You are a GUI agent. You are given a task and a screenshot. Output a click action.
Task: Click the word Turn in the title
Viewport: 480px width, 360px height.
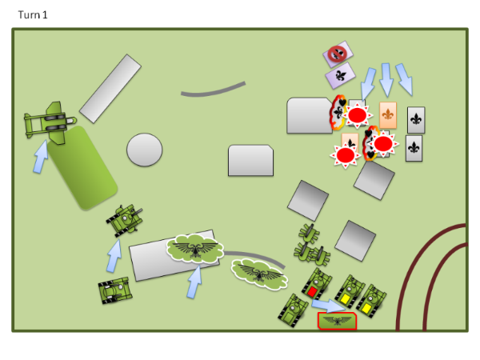[x=29, y=15]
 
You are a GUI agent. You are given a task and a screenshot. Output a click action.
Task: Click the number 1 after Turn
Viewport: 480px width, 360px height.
[x=45, y=15]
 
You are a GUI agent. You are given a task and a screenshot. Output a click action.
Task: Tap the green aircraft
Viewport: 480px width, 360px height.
[x=50, y=123]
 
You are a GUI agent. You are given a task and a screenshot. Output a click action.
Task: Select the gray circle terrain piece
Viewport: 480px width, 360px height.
[x=145, y=150]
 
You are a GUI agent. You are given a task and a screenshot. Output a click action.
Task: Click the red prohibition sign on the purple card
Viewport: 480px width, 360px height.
[x=337, y=54]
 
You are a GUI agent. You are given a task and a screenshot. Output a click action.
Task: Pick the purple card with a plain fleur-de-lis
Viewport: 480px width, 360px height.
[x=341, y=76]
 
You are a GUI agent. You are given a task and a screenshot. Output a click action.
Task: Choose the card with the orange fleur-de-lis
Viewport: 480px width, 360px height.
[x=388, y=115]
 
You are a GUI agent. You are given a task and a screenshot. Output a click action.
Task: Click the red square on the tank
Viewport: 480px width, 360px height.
[x=312, y=291]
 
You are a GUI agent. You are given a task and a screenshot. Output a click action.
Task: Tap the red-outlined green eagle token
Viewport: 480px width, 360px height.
[x=337, y=321]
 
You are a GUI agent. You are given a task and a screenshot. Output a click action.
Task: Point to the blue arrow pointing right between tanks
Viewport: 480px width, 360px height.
[x=328, y=306]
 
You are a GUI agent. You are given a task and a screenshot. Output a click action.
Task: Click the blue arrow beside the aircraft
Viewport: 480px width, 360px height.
[x=41, y=157]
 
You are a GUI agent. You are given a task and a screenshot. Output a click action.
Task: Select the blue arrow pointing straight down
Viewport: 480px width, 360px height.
[x=386, y=80]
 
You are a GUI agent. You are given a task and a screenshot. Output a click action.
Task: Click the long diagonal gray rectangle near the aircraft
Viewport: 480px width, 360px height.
[x=110, y=89]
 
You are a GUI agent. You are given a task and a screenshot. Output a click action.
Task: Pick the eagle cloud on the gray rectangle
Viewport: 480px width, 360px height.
[x=195, y=248]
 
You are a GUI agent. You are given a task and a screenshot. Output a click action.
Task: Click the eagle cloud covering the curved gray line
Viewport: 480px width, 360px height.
[x=259, y=274]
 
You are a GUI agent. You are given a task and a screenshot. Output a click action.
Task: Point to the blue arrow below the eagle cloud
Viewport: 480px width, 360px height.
[x=194, y=282]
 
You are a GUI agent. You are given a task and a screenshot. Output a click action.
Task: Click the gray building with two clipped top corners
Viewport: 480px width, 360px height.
[x=250, y=161]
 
